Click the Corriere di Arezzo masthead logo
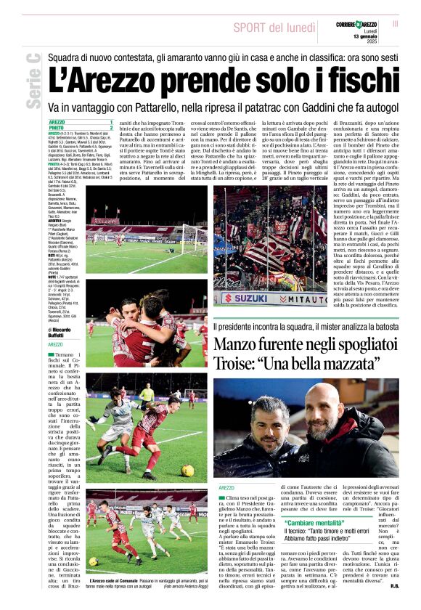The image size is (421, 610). click(360, 24)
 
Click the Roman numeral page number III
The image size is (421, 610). click(396, 23)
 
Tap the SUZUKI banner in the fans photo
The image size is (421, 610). click(248, 298)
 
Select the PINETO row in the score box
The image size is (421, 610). click(80, 129)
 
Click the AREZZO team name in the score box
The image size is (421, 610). click(57, 122)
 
